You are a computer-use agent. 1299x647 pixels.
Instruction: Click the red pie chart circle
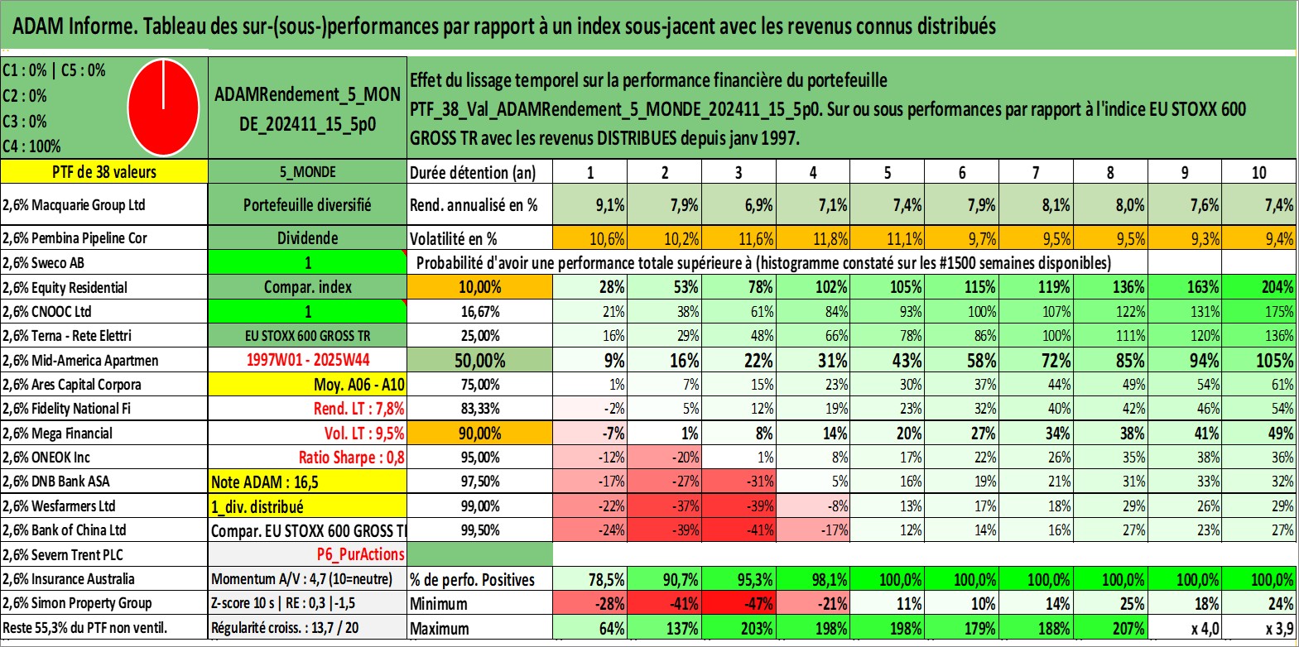click(163, 107)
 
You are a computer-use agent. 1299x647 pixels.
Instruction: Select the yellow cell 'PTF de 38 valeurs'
click(103, 172)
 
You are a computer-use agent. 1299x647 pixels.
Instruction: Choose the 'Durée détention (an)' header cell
click(473, 173)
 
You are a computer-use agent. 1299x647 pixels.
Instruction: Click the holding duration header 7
click(1036, 173)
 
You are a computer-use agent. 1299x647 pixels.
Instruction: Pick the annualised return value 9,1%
click(609, 205)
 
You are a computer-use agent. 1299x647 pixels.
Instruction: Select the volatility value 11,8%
click(830, 239)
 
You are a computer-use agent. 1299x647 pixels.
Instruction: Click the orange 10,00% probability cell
click(480, 287)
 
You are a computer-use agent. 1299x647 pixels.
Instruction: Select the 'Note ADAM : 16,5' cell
click(265, 482)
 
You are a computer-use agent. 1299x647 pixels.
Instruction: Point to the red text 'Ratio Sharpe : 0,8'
click(351, 458)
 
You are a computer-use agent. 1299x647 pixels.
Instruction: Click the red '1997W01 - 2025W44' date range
click(308, 360)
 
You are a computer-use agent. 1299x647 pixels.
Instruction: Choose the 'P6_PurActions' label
click(360, 554)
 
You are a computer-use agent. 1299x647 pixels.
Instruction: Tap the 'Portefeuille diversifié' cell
click(307, 205)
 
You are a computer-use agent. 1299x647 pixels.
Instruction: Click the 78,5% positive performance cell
click(606, 579)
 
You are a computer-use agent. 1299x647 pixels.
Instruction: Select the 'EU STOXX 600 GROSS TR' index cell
click(307, 336)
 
